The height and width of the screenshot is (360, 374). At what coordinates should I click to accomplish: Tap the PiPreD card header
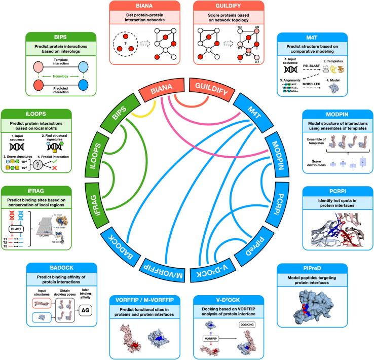pyautogui.click(x=329, y=267)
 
